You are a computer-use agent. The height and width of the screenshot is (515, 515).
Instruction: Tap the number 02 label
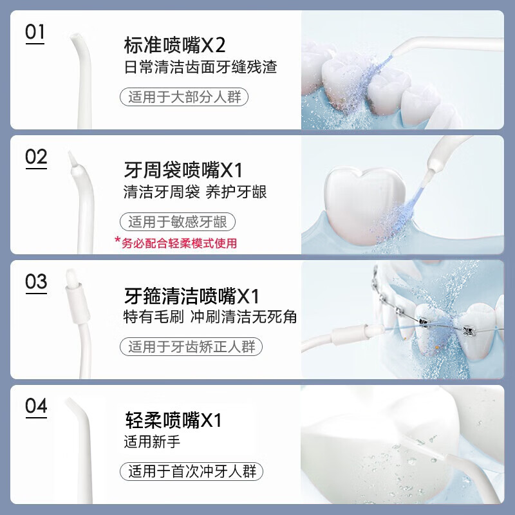[x=36, y=157]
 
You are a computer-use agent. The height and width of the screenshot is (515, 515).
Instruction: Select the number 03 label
[x=36, y=282]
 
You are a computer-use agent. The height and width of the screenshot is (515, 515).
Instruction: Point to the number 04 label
[x=36, y=406]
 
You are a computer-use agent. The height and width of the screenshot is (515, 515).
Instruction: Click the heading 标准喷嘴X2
[x=175, y=46]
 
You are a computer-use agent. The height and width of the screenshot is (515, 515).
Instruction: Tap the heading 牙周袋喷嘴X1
[x=183, y=171]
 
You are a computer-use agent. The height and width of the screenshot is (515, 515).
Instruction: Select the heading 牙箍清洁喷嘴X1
[x=191, y=296]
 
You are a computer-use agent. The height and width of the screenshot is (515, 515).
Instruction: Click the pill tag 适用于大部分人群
[x=185, y=97]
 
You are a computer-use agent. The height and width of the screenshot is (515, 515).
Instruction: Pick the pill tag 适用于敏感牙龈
[x=178, y=222]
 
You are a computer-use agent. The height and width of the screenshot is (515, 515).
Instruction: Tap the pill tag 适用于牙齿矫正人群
[x=191, y=347]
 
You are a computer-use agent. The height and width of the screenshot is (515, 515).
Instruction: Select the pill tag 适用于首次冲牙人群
[x=192, y=471]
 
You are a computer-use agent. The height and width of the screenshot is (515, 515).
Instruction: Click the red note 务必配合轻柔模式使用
[x=176, y=243]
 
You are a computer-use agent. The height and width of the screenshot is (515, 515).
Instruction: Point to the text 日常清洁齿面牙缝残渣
[x=200, y=68]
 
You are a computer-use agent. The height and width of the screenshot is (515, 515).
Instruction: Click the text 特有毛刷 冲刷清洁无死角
[x=210, y=317]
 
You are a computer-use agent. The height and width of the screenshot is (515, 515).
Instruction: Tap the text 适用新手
[x=153, y=442]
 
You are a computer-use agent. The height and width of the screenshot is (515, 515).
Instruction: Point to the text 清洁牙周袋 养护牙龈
[x=195, y=192]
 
